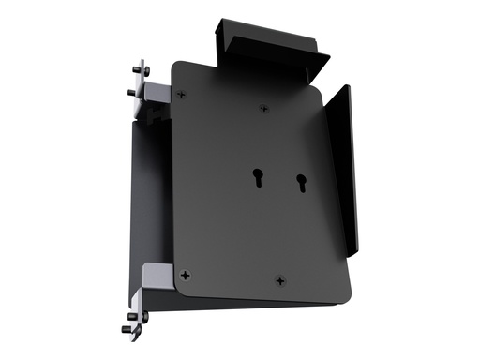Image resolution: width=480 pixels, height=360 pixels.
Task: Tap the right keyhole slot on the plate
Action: point(301,182)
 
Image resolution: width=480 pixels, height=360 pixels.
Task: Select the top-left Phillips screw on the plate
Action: point(182,94)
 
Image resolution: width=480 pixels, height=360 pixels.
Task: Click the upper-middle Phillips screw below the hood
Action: point(263,110)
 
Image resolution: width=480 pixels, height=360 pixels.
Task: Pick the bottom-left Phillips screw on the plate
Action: point(187,275)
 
